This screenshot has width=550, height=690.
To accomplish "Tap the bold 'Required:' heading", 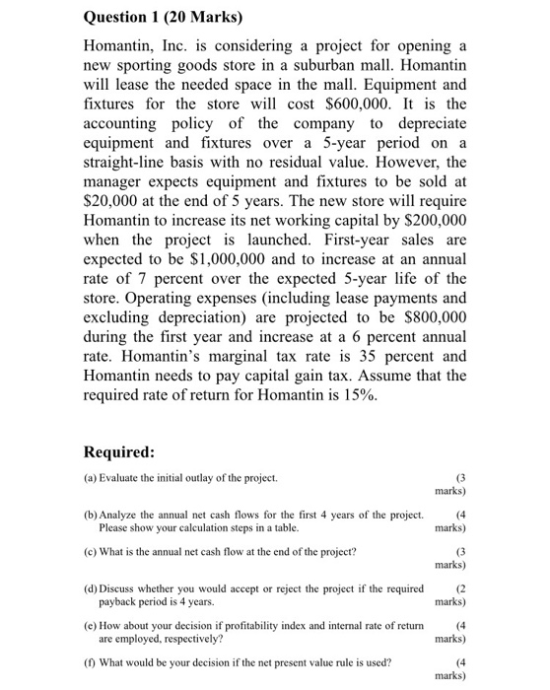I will [x=119, y=452].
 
